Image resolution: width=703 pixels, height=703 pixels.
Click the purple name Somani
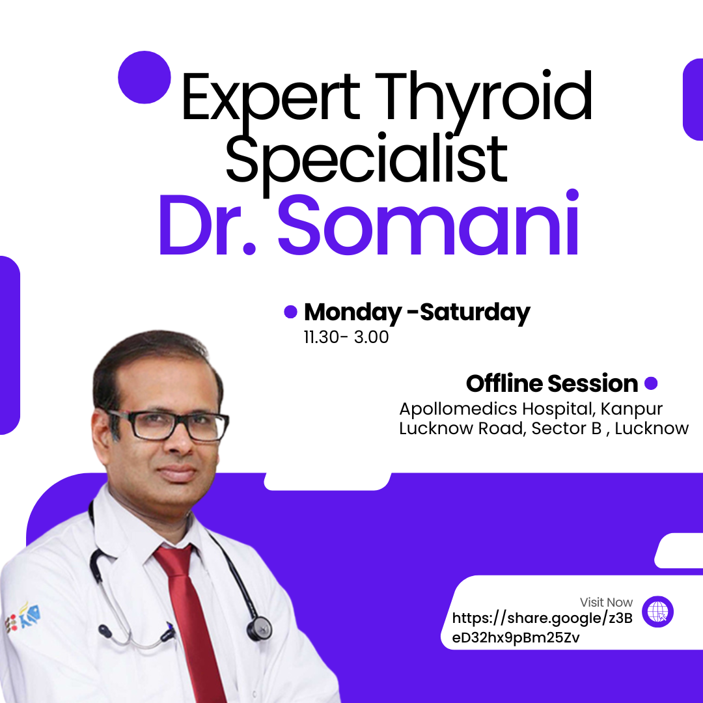[429, 225]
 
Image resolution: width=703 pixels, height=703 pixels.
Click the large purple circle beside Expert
[144, 77]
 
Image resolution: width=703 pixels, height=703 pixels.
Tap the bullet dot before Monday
[290, 312]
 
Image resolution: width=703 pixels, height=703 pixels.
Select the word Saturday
[475, 312]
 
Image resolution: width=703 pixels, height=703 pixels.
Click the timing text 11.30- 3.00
[346, 338]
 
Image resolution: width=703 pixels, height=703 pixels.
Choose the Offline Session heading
[552, 383]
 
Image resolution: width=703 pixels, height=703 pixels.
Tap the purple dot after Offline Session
[650, 383]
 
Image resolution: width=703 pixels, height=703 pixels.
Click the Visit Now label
[606, 602]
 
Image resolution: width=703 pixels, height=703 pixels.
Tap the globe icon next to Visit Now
[657, 613]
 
